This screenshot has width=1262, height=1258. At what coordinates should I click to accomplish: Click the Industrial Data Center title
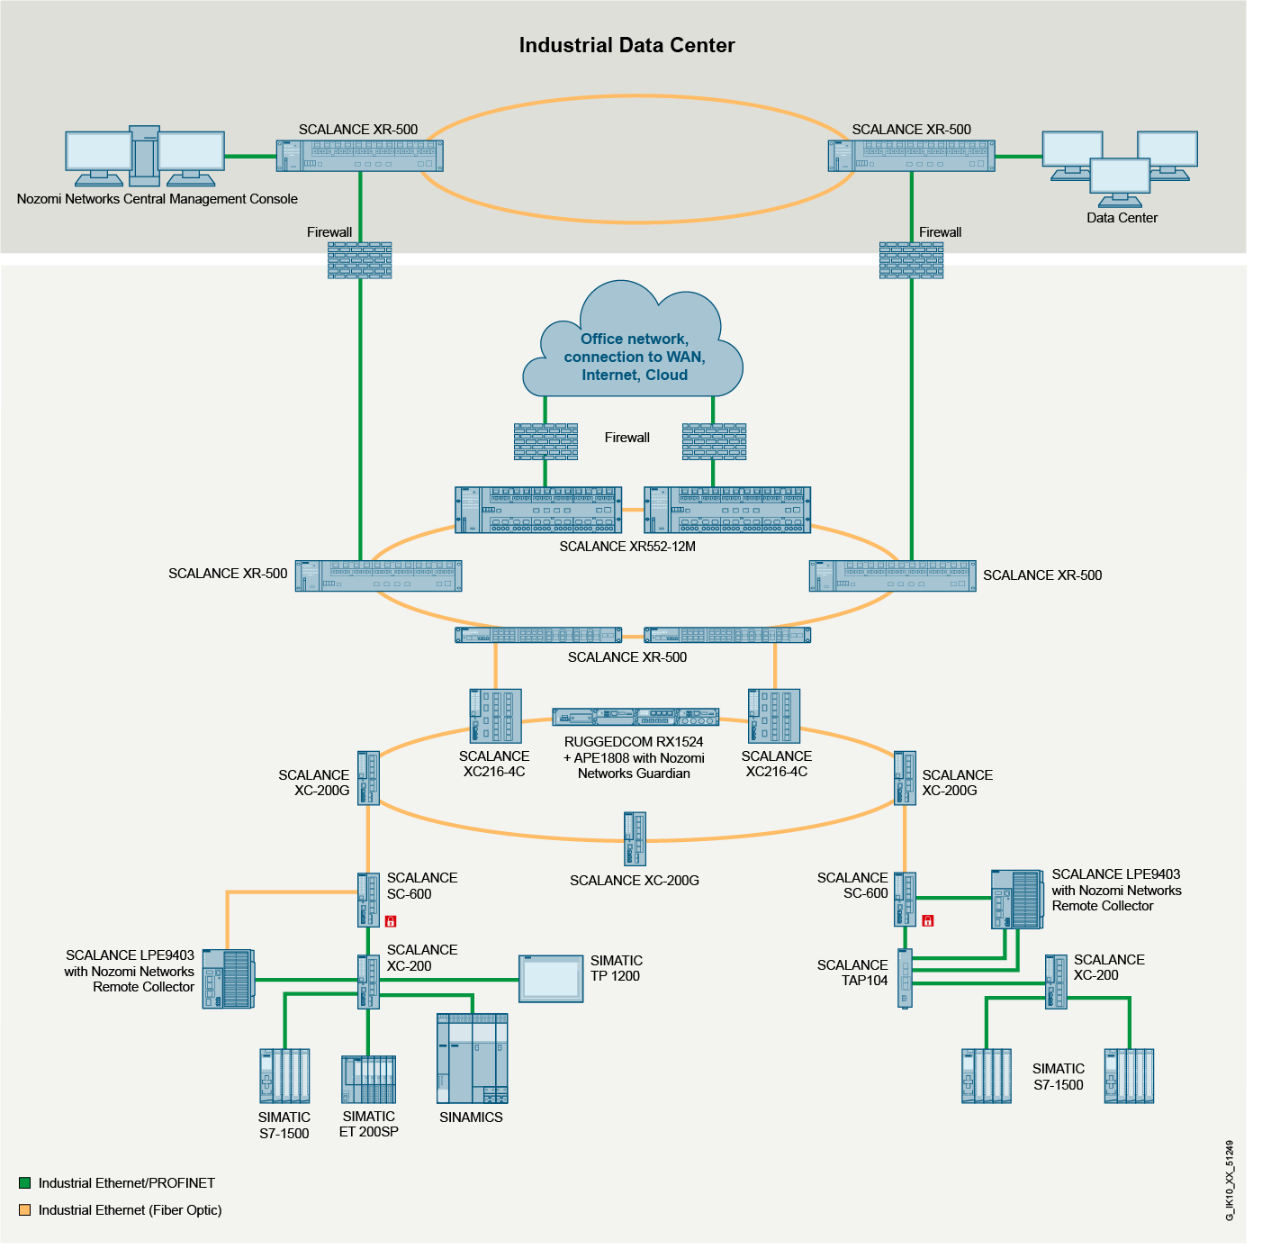click(x=626, y=45)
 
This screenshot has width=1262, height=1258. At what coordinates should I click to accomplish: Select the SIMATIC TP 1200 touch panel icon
click(x=551, y=979)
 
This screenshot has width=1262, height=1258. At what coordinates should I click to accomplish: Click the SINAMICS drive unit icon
click(x=472, y=1058)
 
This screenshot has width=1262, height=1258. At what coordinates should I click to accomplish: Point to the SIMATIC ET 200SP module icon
click(x=368, y=1079)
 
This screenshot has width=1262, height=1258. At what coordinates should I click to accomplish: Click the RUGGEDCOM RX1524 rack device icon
click(x=635, y=718)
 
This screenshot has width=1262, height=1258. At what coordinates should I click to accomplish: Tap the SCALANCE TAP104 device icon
click(x=905, y=978)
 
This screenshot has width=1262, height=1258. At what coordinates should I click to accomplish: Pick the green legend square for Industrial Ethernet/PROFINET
click(x=25, y=1183)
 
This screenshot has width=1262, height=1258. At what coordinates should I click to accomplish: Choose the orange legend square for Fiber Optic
click(x=25, y=1210)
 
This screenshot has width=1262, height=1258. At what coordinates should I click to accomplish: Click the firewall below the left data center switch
click(x=360, y=260)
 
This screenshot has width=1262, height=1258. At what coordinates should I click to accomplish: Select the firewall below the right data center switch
click(x=911, y=260)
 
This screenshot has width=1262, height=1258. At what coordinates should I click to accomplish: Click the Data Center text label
click(x=1122, y=218)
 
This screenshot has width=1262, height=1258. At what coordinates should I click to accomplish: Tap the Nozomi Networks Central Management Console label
click(x=158, y=199)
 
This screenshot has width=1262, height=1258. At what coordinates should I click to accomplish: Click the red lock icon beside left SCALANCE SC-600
click(x=391, y=921)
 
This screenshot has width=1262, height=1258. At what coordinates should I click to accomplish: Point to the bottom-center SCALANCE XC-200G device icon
click(x=635, y=838)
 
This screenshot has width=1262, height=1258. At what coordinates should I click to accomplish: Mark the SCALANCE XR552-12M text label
click(x=627, y=547)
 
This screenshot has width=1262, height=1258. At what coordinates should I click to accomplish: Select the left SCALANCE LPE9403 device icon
click(x=228, y=979)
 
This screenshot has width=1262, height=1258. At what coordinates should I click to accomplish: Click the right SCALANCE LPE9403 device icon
click(x=1017, y=899)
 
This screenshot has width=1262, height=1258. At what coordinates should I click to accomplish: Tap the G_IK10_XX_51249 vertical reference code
click(x=1230, y=1181)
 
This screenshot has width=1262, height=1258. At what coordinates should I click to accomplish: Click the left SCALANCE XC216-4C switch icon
click(x=495, y=716)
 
